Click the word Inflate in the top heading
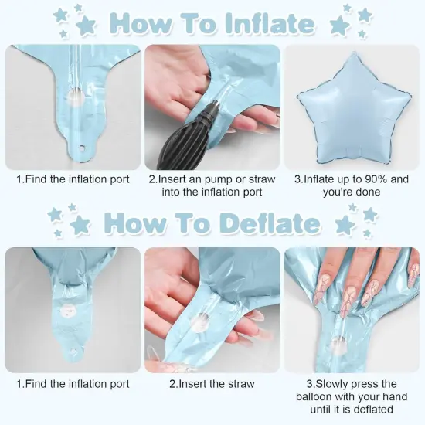[269, 23]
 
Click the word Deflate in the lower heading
[270, 223]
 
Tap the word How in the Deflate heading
[136, 223]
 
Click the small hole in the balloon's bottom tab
[76, 148]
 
